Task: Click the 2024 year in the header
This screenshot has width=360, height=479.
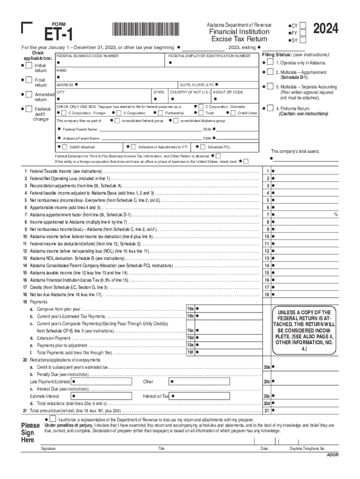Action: pyautogui.click(x=325, y=30)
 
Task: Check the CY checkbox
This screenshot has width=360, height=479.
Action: pyautogui.click(x=303, y=24)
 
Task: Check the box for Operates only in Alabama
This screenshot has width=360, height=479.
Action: pyautogui.click(x=270, y=62)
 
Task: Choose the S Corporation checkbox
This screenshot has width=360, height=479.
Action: pyautogui.click(x=119, y=113)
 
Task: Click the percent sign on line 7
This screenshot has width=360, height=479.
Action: pyautogui.click(x=335, y=215)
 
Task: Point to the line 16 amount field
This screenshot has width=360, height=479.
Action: pyautogui.click(x=306, y=280)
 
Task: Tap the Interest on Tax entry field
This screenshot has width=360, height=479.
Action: pyautogui.click(x=215, y=396)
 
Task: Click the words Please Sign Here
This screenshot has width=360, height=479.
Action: pyautogui.click(x=30, y=432)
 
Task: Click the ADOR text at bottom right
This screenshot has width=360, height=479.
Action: pyautogui.click(x=332, y=454)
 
